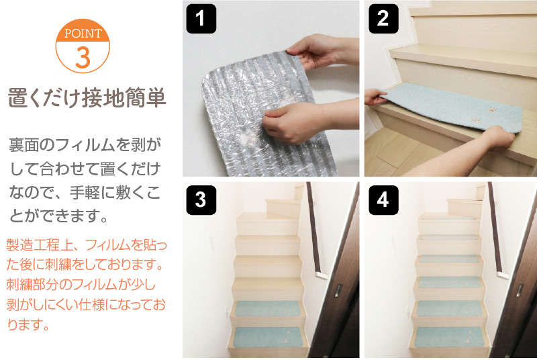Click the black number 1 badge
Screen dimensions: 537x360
pos(201,19)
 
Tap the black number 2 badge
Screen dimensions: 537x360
pos(383,19)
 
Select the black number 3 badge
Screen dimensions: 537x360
pos(201,200)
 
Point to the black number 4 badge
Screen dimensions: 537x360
pos(383,200)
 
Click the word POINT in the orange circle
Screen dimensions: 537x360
pos(83,34)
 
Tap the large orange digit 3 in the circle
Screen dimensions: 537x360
pos(83,57)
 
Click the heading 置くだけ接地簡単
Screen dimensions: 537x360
pos(87,98)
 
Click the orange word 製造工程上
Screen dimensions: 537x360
pos(39,245)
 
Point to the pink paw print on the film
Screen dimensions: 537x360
pos(247,139)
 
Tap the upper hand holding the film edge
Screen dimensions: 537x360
pos(322,51)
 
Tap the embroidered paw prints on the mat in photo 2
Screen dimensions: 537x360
pos(483,114)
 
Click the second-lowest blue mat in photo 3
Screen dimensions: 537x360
pos(267,309)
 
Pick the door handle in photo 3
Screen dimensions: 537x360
pos(338,290)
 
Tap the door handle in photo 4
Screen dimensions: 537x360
pos(520,290)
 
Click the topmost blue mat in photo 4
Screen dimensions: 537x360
pos(448,217)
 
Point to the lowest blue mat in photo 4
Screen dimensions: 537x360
pos(450,336)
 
